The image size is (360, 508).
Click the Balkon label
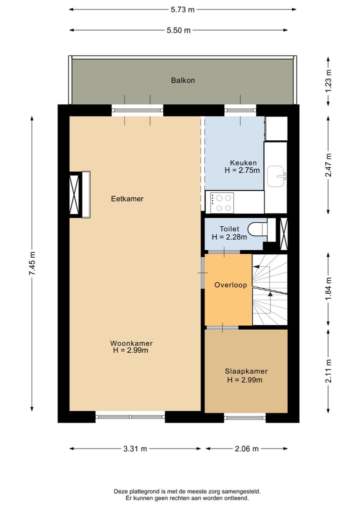click(x=182, y=80)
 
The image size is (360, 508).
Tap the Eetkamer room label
click(x=127, y=199)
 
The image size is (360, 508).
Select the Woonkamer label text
click(x=131, y=344)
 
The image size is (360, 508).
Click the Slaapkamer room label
click(x=245, y=372)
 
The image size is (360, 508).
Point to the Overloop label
click(x=230, y=285)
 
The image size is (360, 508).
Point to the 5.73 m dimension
click(x=182, y=9)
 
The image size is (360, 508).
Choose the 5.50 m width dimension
click(x=178, y=30)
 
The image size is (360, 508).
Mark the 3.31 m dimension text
click(x=135, y=449)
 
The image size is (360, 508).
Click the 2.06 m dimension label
click(x=246, y=449)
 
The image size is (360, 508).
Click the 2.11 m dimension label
click(x=328, y=371)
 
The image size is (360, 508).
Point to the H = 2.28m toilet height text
click(x=229, y=237)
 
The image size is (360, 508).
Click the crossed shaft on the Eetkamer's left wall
click(x=75, y=194)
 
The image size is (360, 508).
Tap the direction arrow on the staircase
click(x=270, y=295)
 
